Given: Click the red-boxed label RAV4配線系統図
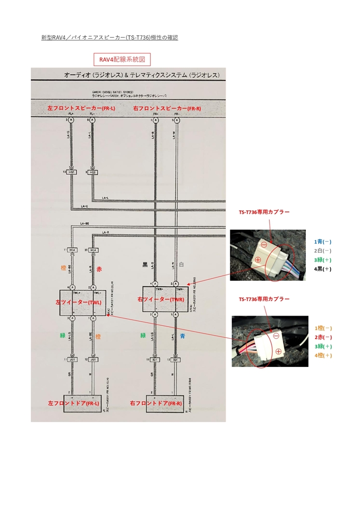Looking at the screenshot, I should pyautogui.click(x=122, y=59).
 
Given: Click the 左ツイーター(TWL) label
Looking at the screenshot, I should pyautogui.click(x=78, y=302).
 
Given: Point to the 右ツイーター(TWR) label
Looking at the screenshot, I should pyautogui.click(x=161, y=300).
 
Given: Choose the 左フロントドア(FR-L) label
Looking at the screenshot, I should pyautogui.click(x=74, y=403).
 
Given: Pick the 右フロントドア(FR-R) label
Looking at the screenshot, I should pyautogui.click(x=156, y=403).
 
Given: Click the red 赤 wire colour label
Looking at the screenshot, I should pyautogui.click(x=99, y=269).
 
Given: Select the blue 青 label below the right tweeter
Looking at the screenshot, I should pyautogui.click(x=182, y=336).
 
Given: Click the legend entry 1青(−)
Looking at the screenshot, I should pyautogui.click(x=323, y=242).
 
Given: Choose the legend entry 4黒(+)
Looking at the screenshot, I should pyautogui.click(x=323, y=269).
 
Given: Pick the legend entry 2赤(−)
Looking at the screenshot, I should pyautogui.click(x=323, y=337).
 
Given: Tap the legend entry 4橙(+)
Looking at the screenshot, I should pyautogui.click(x=323, y=355).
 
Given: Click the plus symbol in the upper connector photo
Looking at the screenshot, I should pyautogui.click(x=258, y=260).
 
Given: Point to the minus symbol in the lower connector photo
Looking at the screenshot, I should pyautogui.click(x=276, y=335).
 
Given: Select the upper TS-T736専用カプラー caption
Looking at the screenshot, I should pyautogui.click(x=264, y=212).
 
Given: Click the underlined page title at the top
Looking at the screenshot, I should pyautogui.click(x=109, y=37).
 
